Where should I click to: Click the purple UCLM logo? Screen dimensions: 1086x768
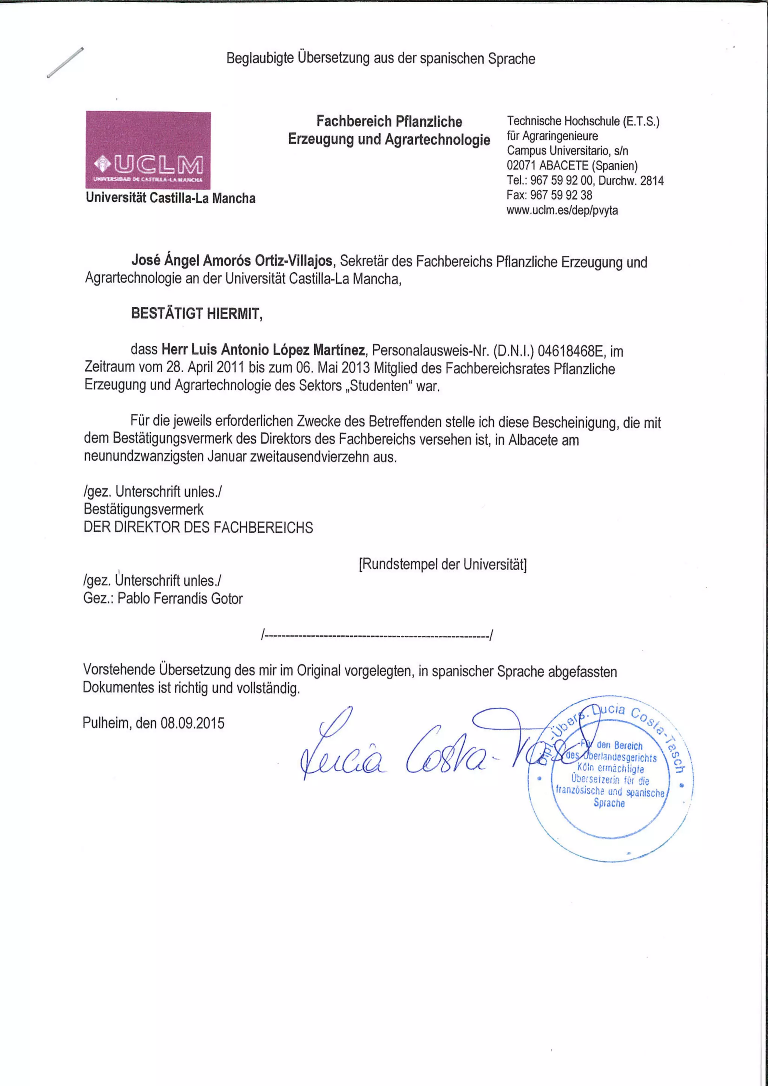pyautogui.click(x=148, y=150)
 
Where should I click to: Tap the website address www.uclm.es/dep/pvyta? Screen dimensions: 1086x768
pyautogui.click(x=562, y=210)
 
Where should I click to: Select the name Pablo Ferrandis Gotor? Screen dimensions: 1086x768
pyautogui.click(x=180, y=598)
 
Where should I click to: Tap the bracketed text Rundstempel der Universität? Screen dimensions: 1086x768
pyautogui.click(x=442, y=564)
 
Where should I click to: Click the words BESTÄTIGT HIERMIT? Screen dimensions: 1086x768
pyautogui.click(x=197, y=314)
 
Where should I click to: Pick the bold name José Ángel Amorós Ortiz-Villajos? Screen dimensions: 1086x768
pyautogui.click(x=232, y=261)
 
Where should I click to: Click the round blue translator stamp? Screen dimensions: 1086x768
pyautogui.click(x=610, y=780)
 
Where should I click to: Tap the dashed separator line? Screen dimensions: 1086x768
pyautogui.click(x=377, y=635)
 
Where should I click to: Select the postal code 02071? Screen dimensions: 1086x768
pyautogui.click(x=522, y=165)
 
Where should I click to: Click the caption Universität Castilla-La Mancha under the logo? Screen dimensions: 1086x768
pyautogui.click(x=170, y=198)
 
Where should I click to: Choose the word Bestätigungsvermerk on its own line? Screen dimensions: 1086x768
pyautogui.click(x=143, y=509)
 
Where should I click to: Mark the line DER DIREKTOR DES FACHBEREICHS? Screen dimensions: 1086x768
pyautogui.click(x=198, y=527)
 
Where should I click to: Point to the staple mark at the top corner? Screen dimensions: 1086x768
pyautogui.click(x=65, y=62)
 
